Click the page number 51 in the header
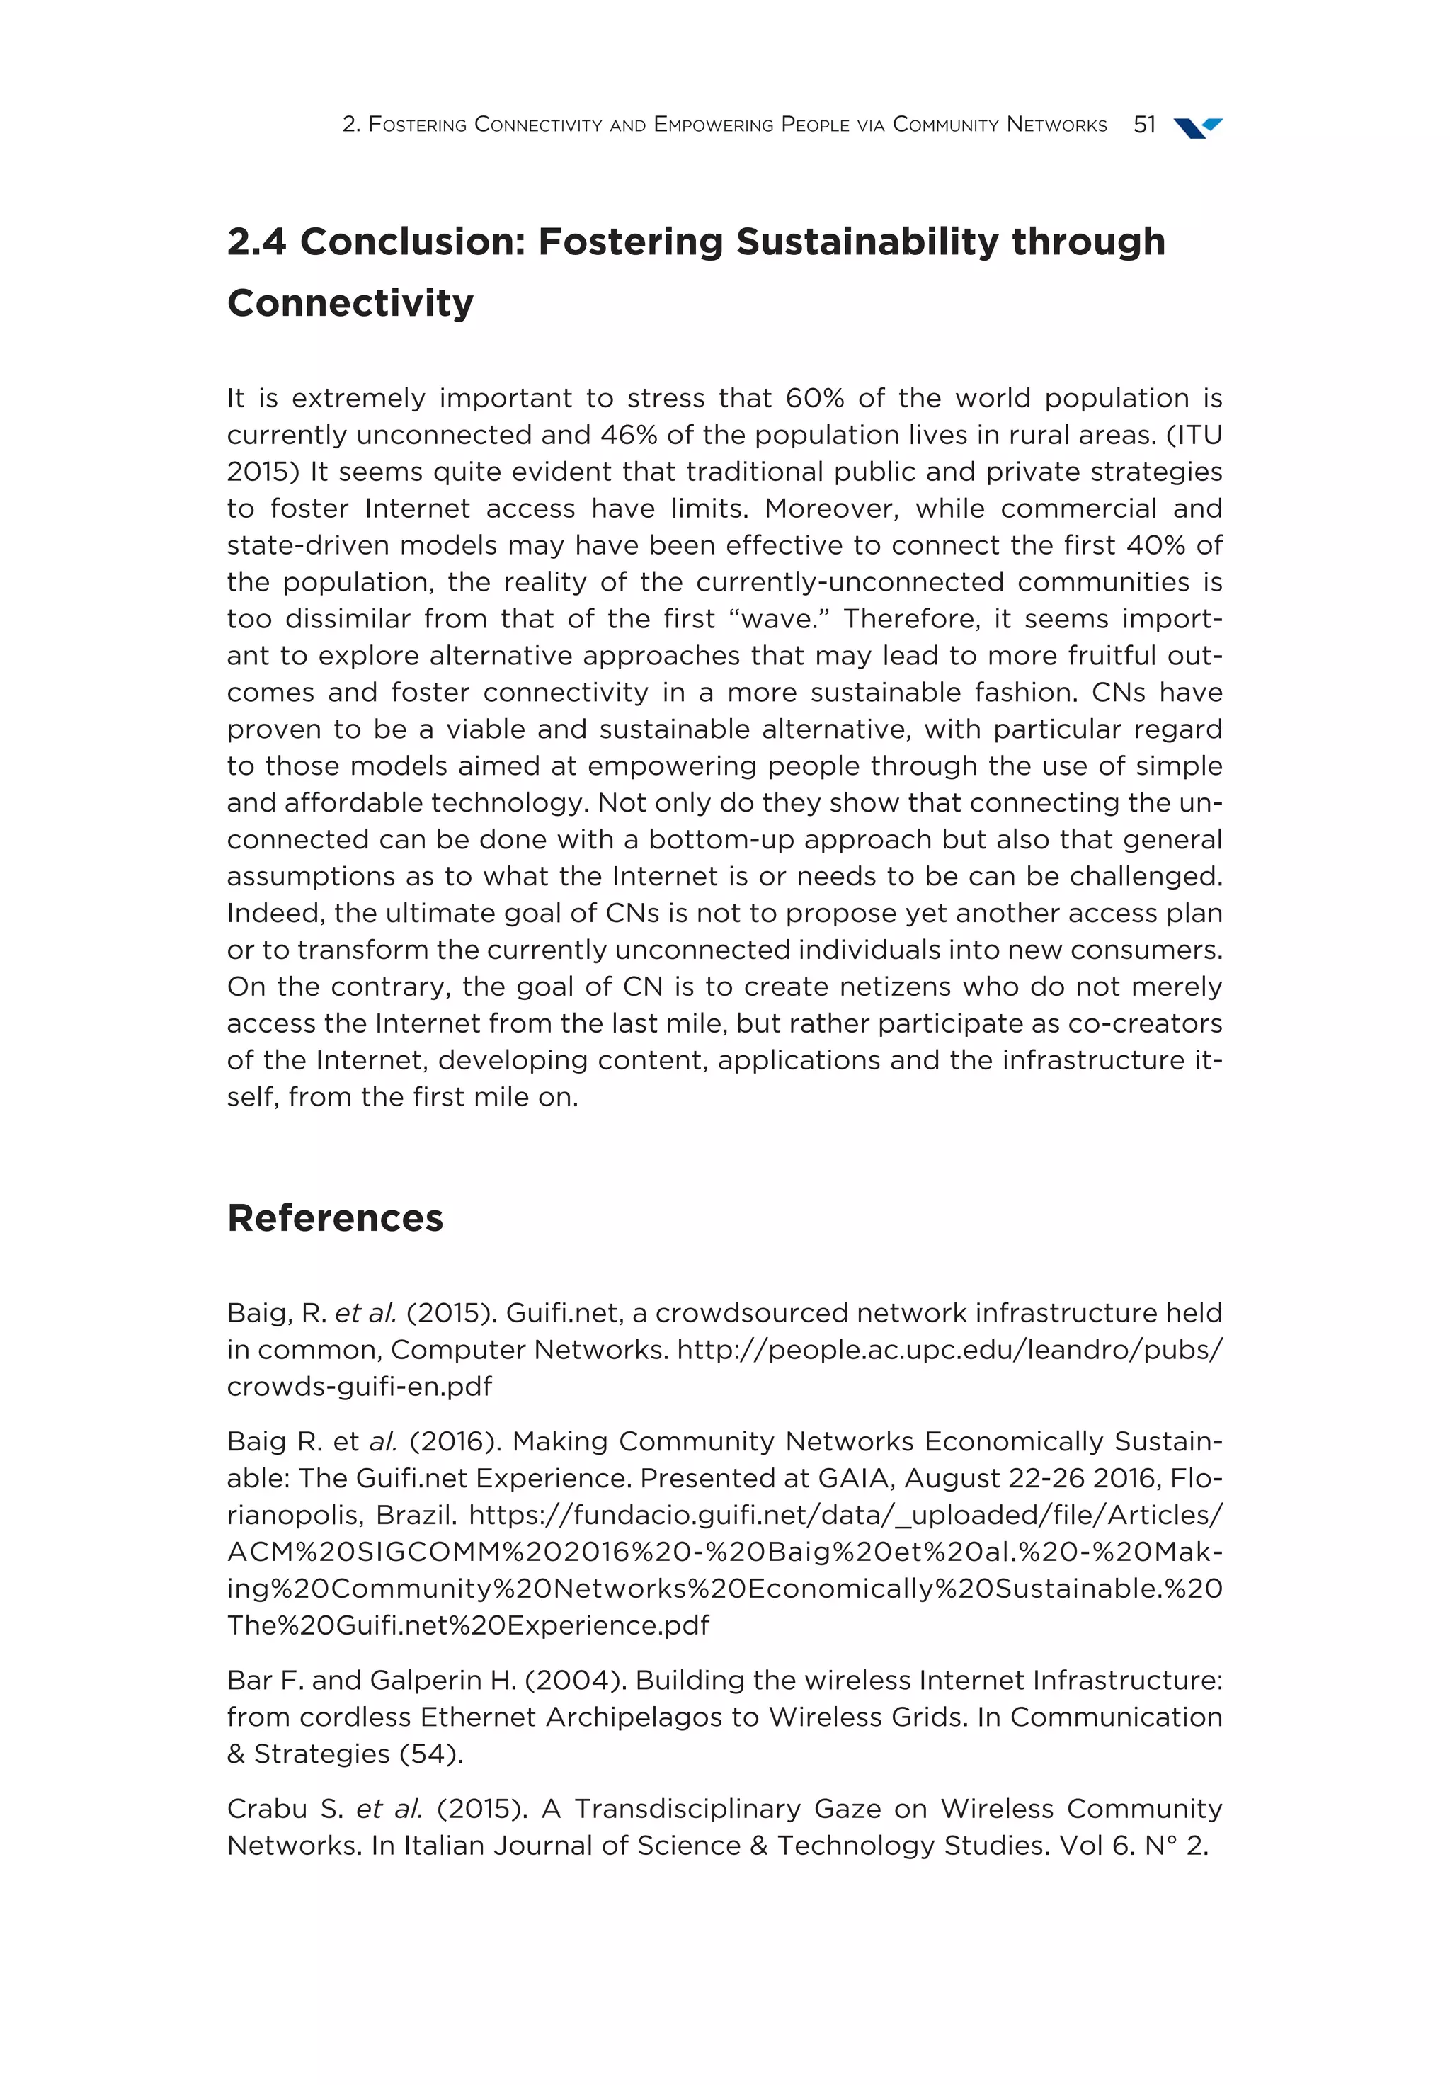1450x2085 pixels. tap(1143, 125)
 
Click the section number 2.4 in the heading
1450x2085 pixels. tap(256, 242)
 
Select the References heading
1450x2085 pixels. tap(335, 1217)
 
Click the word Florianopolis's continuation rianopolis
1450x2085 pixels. tap(293, 1515)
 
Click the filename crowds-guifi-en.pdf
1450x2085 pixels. tap(359, 1387)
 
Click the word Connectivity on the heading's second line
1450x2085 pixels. tap(350, 302)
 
